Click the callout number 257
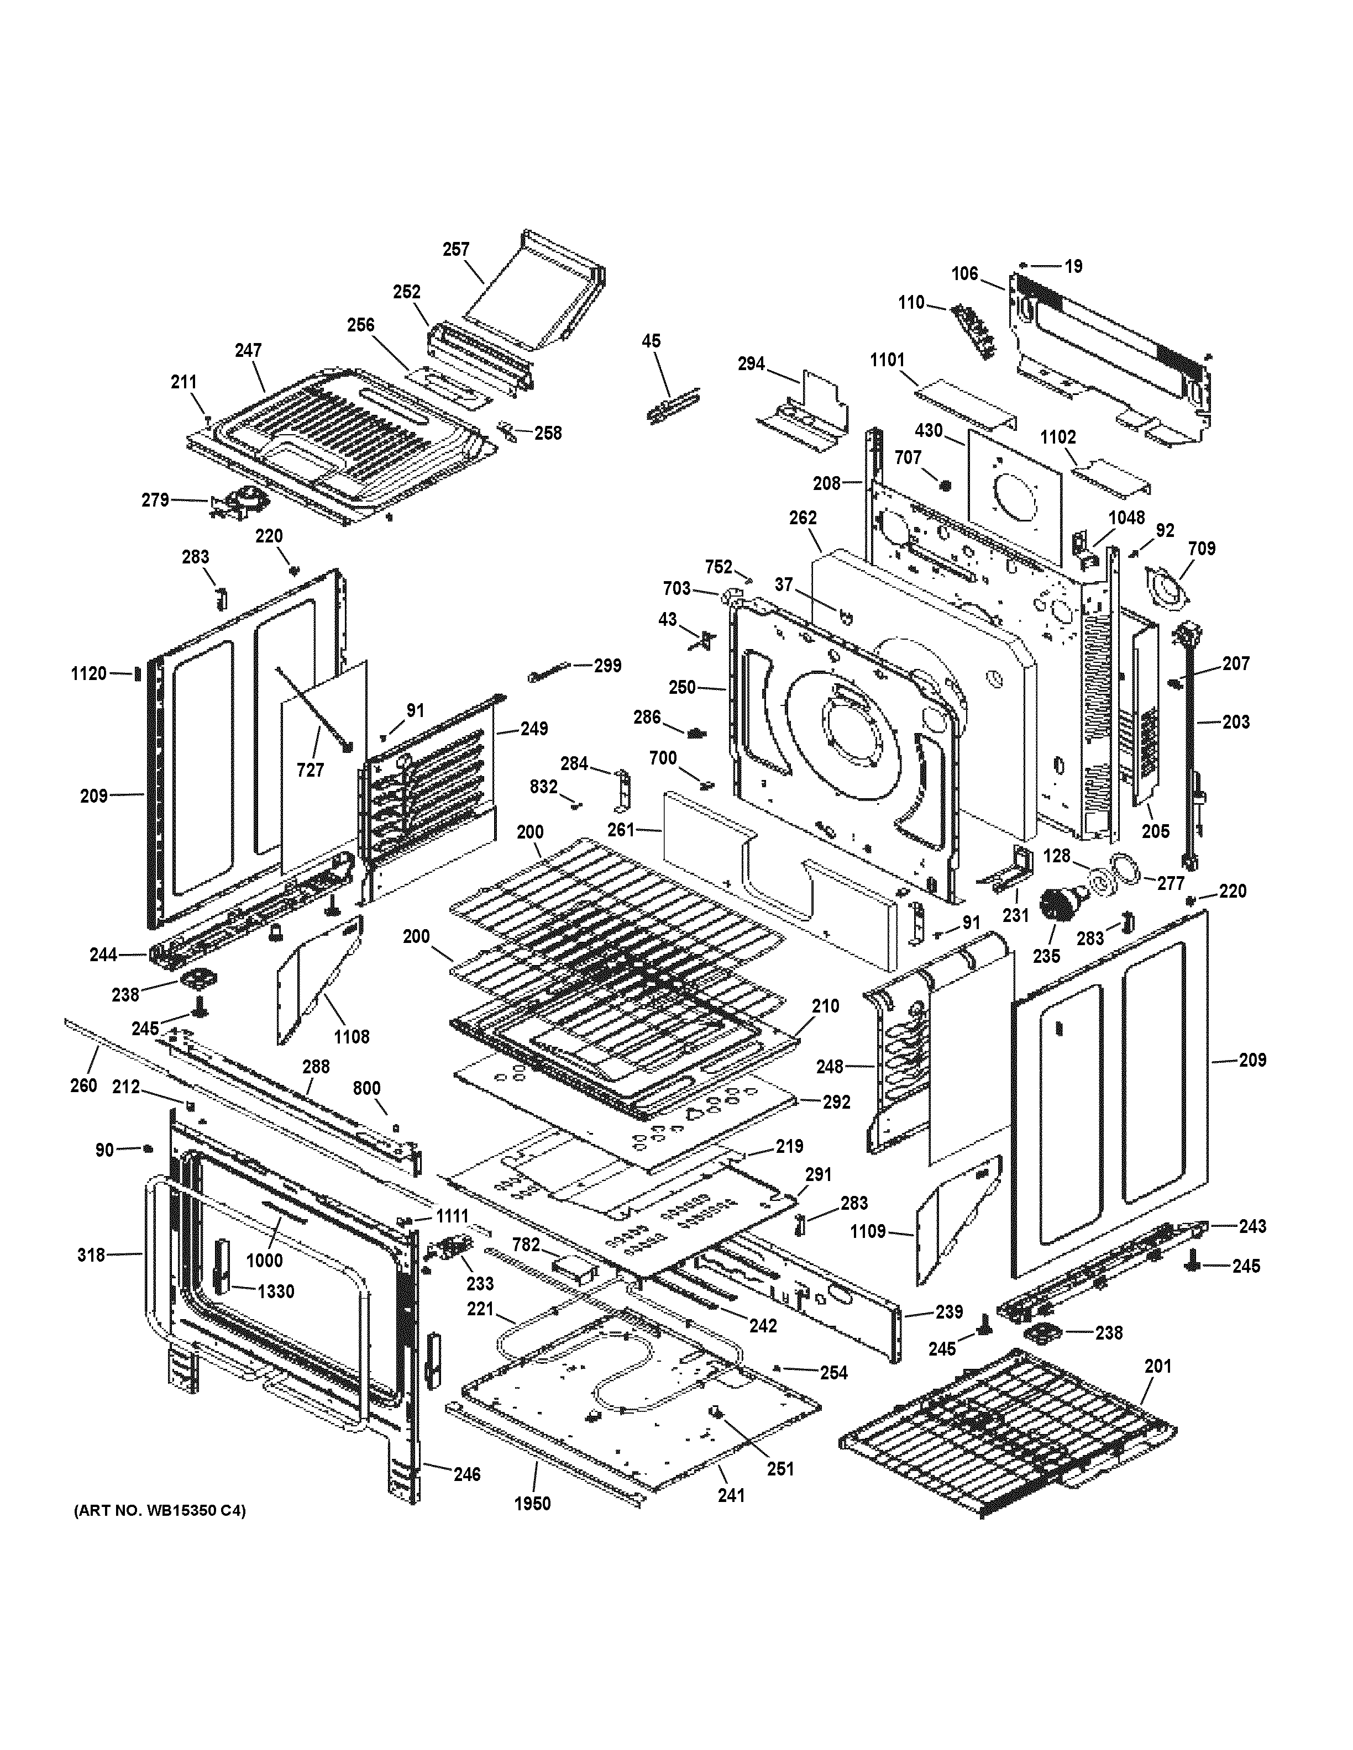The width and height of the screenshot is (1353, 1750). pyautogui.click(x=455, y=249)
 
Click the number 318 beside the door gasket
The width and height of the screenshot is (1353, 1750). pyautogui.click(x=91, y=1255)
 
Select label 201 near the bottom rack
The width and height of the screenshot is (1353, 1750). pyautogui.click(x=1157, y=1366)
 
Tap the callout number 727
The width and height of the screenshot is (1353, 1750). pyautogui.click(x=310, y=770)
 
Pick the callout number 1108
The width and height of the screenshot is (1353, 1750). pyautogui.click(x=351, y=1037)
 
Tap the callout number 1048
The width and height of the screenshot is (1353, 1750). pyautogui.click(x=1126, y=517)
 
